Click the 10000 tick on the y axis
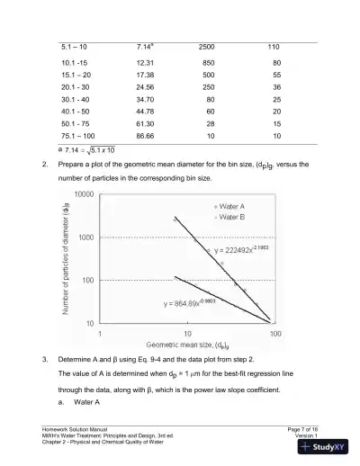[84, 194]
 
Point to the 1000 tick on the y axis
[86, 237]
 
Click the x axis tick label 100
[274, 332]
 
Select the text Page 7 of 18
[304, 428]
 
